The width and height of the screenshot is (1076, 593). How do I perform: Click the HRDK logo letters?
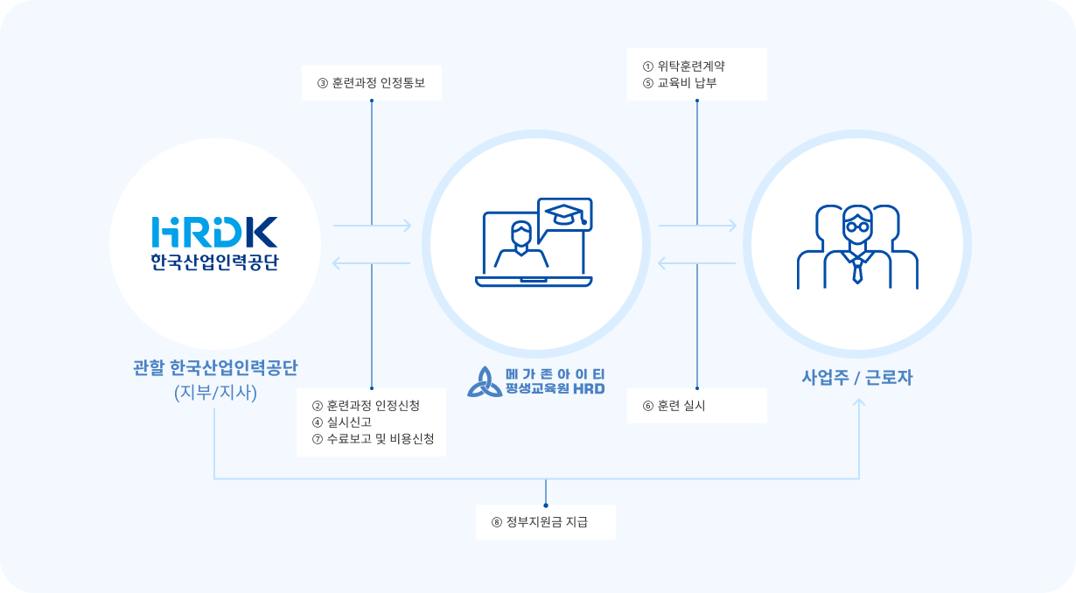(x=214, y=231)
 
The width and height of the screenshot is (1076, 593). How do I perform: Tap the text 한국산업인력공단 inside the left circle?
(x=214, y=262)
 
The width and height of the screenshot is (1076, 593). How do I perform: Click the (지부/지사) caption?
(x=215, y=393)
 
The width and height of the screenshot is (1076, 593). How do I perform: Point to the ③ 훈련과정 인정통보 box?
(x=372, y=84)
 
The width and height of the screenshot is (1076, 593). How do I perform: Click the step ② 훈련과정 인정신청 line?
(x=366, y=406)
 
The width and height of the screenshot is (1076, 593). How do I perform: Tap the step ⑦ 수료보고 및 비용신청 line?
(x=373, y=439)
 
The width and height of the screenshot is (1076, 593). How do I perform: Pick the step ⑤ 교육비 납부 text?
(x=679, y=83)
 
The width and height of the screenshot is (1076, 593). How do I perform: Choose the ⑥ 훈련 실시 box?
(x=696, y=406)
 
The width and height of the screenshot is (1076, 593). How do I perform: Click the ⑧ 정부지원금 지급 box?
(x=545, y=522)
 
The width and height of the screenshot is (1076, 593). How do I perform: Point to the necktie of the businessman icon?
(x=857, y=269)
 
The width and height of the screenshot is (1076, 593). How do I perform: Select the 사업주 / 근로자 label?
(x=857, y=378)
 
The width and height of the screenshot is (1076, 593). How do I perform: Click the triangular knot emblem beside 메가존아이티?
(x=484, y=381)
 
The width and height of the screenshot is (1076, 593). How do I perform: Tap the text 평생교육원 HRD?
(x=555, y=389)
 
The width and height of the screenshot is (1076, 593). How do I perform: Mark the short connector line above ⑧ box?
(x=545, y=492)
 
